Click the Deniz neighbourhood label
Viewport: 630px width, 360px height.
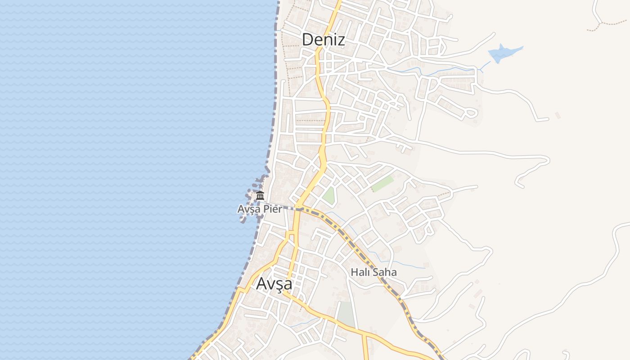tap(323, 40)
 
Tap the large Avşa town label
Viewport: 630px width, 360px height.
tap(274, 284)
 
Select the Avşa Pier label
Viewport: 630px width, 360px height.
tap(260, 209)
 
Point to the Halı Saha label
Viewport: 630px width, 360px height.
tap(373, 272)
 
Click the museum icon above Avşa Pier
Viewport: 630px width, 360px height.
tap(260, 196)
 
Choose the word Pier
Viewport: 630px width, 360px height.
tap(274, 209)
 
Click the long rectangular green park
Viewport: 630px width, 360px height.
tap(382, 184)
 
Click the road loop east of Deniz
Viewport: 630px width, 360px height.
tap(471, 112)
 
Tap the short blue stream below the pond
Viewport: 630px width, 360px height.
tap(484, 67)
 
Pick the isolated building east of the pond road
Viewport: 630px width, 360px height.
tap(558, 116)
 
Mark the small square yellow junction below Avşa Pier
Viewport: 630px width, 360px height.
tap(291, 234)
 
